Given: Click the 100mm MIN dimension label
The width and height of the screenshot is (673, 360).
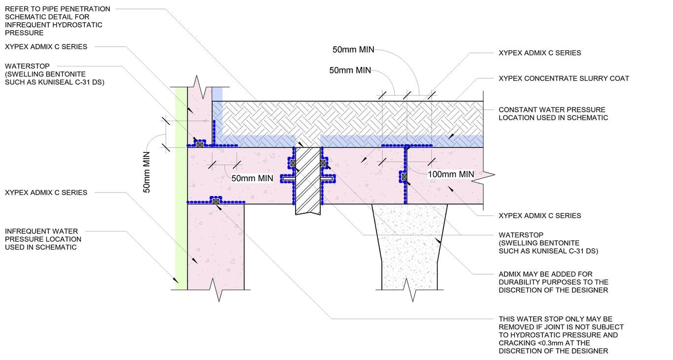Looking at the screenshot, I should tap(451, 174).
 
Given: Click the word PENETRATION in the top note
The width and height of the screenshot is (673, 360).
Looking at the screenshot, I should tap(87, 9).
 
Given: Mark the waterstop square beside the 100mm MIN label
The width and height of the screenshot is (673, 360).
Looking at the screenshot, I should tap(404, 176).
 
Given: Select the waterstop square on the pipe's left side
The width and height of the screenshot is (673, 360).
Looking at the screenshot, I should tap(293, 163).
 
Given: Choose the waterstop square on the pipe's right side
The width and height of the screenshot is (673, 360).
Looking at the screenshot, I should tap(323, 163).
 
